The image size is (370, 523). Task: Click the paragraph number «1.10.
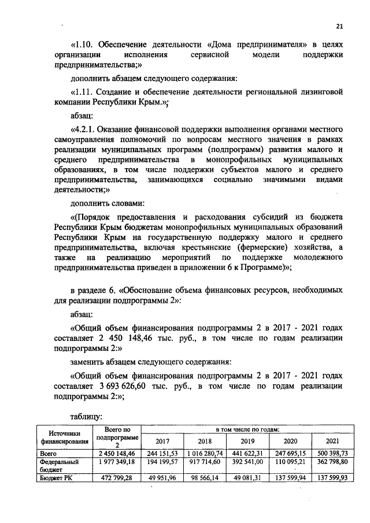83,44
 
